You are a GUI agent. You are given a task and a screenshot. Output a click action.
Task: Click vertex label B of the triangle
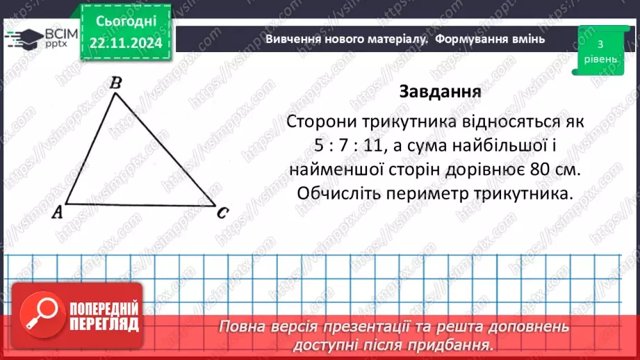[x=117, y=83]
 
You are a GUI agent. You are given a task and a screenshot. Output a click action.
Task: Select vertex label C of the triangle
[x=222, y=213]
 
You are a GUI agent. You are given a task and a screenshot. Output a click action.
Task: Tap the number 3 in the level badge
[x=600, y=44]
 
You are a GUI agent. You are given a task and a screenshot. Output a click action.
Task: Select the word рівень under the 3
[x=600, y=59]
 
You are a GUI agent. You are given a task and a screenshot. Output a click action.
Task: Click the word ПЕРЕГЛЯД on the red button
[x=104, y=324]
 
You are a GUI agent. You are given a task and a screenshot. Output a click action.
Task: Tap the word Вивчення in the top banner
[x=291, y=39]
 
